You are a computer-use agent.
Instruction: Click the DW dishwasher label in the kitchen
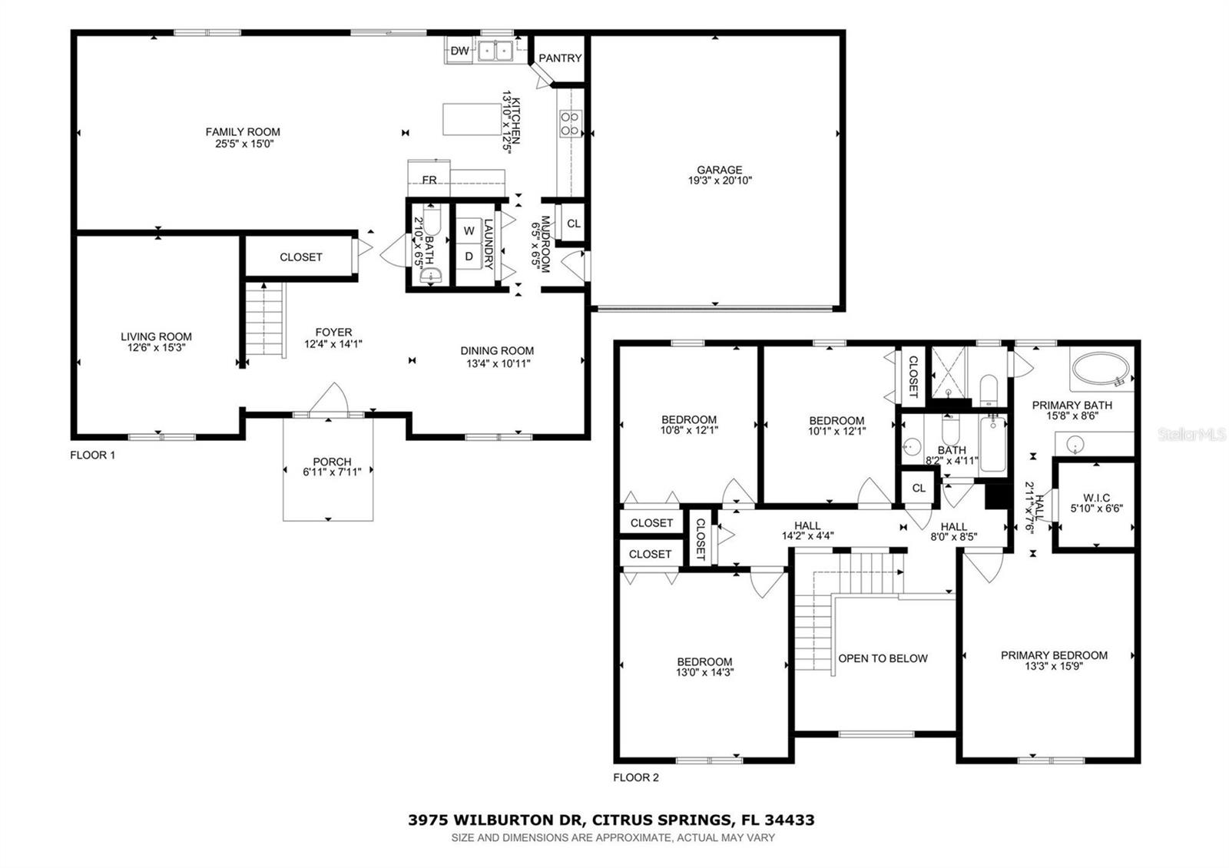tap(459, 51)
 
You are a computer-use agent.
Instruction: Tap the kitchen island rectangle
tap(471, 118)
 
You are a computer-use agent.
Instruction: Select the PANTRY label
tap(560, 58)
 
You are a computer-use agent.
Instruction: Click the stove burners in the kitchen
tap(570, 124)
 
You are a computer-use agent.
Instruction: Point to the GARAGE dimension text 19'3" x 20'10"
tap(720, 181)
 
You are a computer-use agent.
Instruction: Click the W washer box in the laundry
tap(469, 231)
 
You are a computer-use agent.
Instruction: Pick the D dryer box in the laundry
tap(469, 257)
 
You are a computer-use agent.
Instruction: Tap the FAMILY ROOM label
tap(243, 132)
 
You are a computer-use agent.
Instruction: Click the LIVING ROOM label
tap(156, 336)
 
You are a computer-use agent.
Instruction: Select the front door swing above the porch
tap(330, 399)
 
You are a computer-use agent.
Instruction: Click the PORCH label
tap(332, 462)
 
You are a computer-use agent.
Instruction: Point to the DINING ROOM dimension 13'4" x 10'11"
tap(497, 363)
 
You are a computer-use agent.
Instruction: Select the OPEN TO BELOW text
tap(883, 658)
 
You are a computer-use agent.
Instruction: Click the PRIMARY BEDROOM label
tap(1054, 655)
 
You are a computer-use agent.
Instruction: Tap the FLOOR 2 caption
tap(636, 777)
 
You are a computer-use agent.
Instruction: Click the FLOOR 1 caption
tap(92, 455)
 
